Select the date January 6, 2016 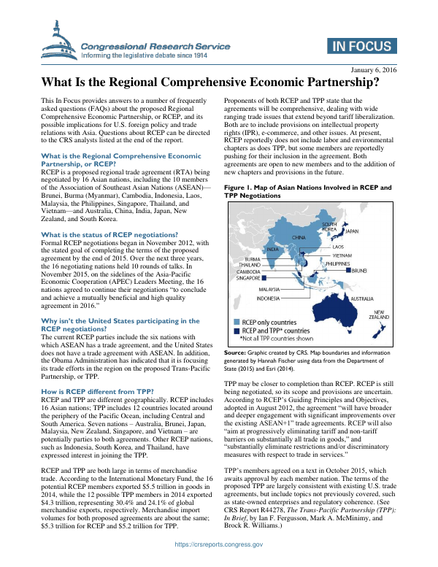(373, 69)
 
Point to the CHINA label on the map (298, 237)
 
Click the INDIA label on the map (272, 250)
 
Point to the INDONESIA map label (269, 298)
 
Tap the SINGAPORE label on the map (248, 278)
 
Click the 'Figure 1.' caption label (242, 188)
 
